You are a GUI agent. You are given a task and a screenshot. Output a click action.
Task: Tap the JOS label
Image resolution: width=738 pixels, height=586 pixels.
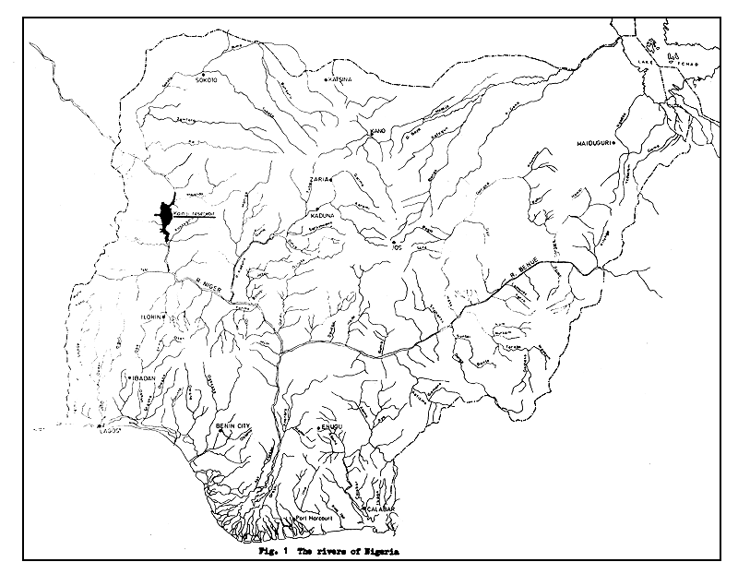(398, 247)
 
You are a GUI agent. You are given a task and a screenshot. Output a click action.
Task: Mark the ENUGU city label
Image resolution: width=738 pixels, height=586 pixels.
(329, 427)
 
